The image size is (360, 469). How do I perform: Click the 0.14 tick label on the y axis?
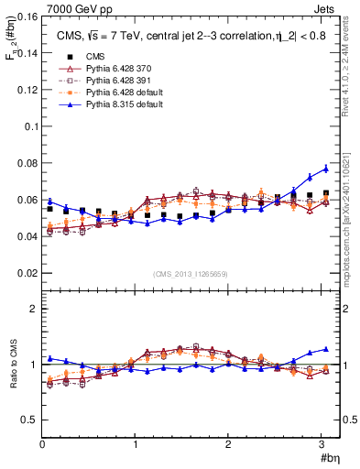(25, 53)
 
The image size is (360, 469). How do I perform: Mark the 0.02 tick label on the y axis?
(25, 273)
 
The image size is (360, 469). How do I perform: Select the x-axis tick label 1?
(135, 445)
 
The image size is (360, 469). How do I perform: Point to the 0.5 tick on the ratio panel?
(28, 420)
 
